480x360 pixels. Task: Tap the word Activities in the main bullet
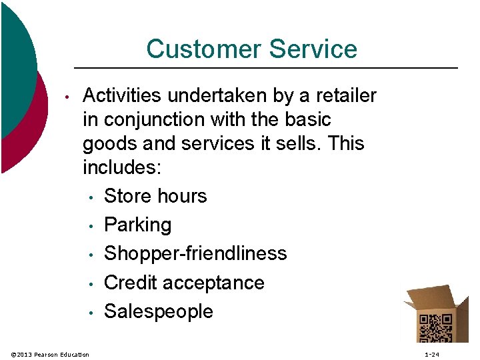(122, 96)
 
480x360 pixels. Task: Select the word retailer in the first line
(345, 96)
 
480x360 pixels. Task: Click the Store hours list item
(155, 196)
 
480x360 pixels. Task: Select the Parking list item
(138, 225)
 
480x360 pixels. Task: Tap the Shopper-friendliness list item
(195, 253)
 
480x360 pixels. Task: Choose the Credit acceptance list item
(184, 283)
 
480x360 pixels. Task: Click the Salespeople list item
(159, 311)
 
